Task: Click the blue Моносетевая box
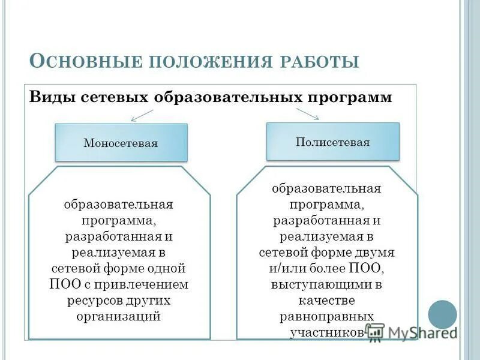(x=121, y=143)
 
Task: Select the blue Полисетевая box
(x=332, y=142)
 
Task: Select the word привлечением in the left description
(x=154, y=283)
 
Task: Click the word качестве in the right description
(x=327, y=299)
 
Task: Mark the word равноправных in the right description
(x=327, y=316)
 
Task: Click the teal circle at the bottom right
(x=442, y=314)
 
